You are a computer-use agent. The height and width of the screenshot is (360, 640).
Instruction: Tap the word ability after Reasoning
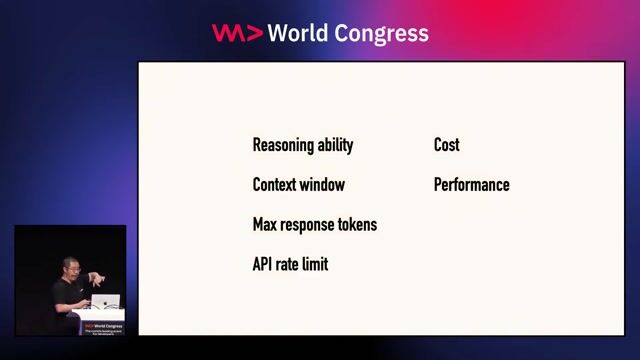point(335,145)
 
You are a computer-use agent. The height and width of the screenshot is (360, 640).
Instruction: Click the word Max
point(266,225)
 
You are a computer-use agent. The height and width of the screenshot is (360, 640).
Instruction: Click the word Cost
point(446,145)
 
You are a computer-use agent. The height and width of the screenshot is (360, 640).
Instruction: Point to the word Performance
point(471,185)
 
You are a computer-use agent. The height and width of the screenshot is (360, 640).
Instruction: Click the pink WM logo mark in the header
point(237,33)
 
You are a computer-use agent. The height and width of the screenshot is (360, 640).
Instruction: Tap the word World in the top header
point(300,33)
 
